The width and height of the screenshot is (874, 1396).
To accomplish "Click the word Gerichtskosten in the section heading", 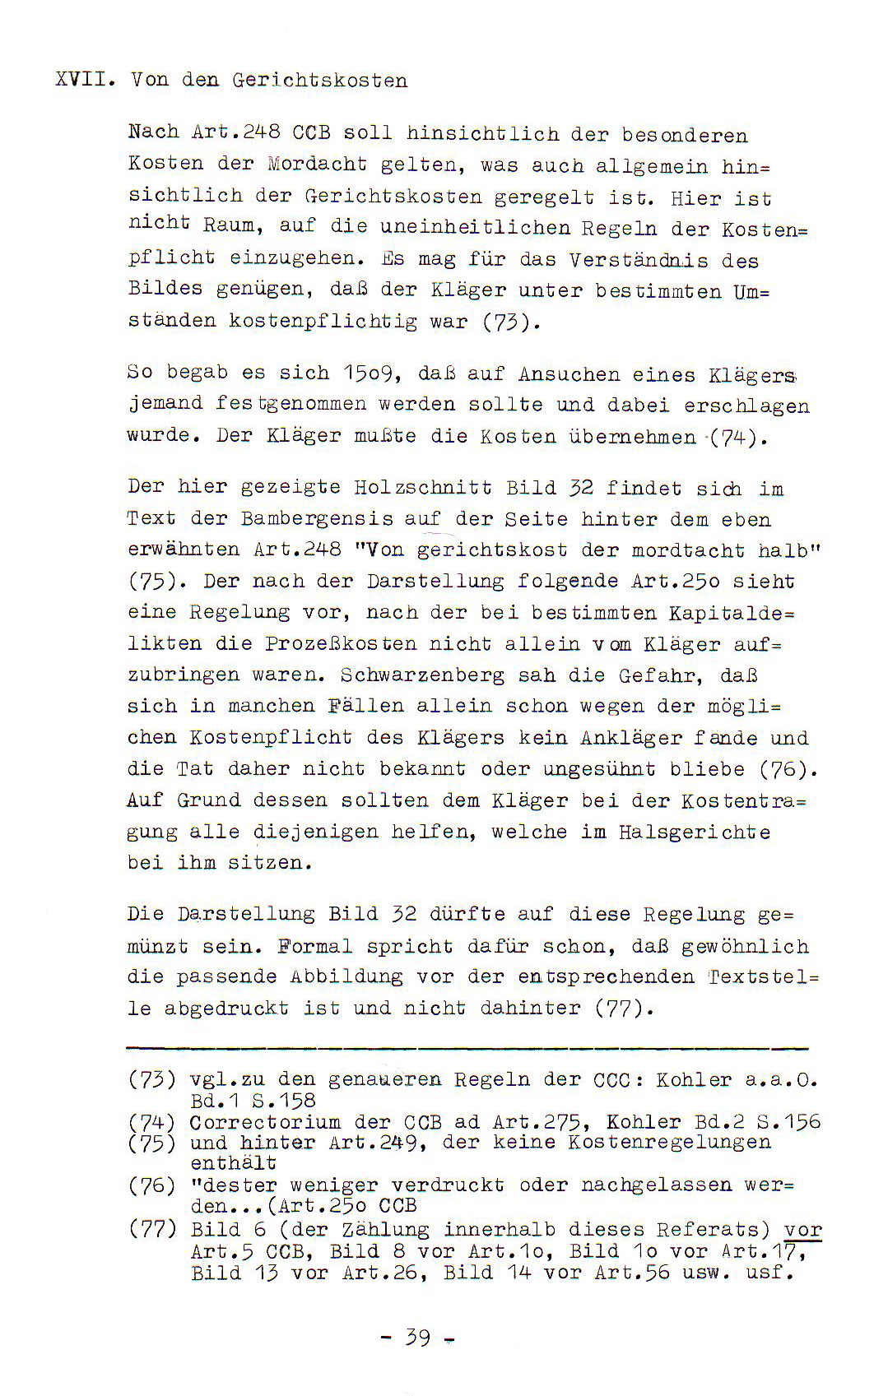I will (x=319, y=81).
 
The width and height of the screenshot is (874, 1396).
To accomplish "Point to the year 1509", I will (x=371, y=374).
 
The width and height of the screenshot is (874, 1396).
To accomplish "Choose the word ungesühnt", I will (x=599, y=770).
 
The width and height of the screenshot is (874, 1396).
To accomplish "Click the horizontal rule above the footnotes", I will (x=467, y=1048).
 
